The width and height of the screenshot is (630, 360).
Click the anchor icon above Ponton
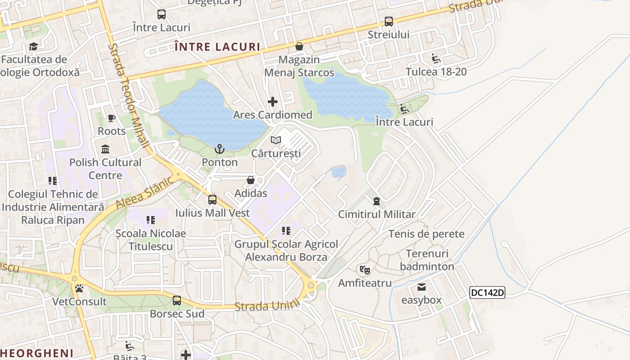220,148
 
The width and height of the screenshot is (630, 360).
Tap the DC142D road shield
487,292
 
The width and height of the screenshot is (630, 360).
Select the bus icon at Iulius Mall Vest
212,200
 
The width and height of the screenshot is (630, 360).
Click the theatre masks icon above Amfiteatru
364,270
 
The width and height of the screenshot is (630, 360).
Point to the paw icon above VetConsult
79,288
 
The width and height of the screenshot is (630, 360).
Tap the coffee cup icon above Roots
112,118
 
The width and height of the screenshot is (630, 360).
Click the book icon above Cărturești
276,140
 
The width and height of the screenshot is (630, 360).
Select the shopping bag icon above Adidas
251,180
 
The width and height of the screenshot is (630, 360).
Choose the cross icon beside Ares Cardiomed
272,102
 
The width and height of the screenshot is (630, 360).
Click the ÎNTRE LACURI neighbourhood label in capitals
217,47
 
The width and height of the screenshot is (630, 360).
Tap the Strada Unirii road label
267,306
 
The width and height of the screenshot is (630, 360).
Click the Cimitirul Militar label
377,214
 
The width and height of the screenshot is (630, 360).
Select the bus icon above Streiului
388,21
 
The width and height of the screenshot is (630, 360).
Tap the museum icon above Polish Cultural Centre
105,149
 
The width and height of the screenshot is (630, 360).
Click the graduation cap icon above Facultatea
33,46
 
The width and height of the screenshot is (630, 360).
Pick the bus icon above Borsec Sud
177,300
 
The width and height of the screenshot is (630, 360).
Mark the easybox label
421,300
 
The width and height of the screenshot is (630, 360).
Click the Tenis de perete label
426,234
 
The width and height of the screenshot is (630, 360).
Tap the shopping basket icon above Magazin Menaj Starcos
299,46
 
